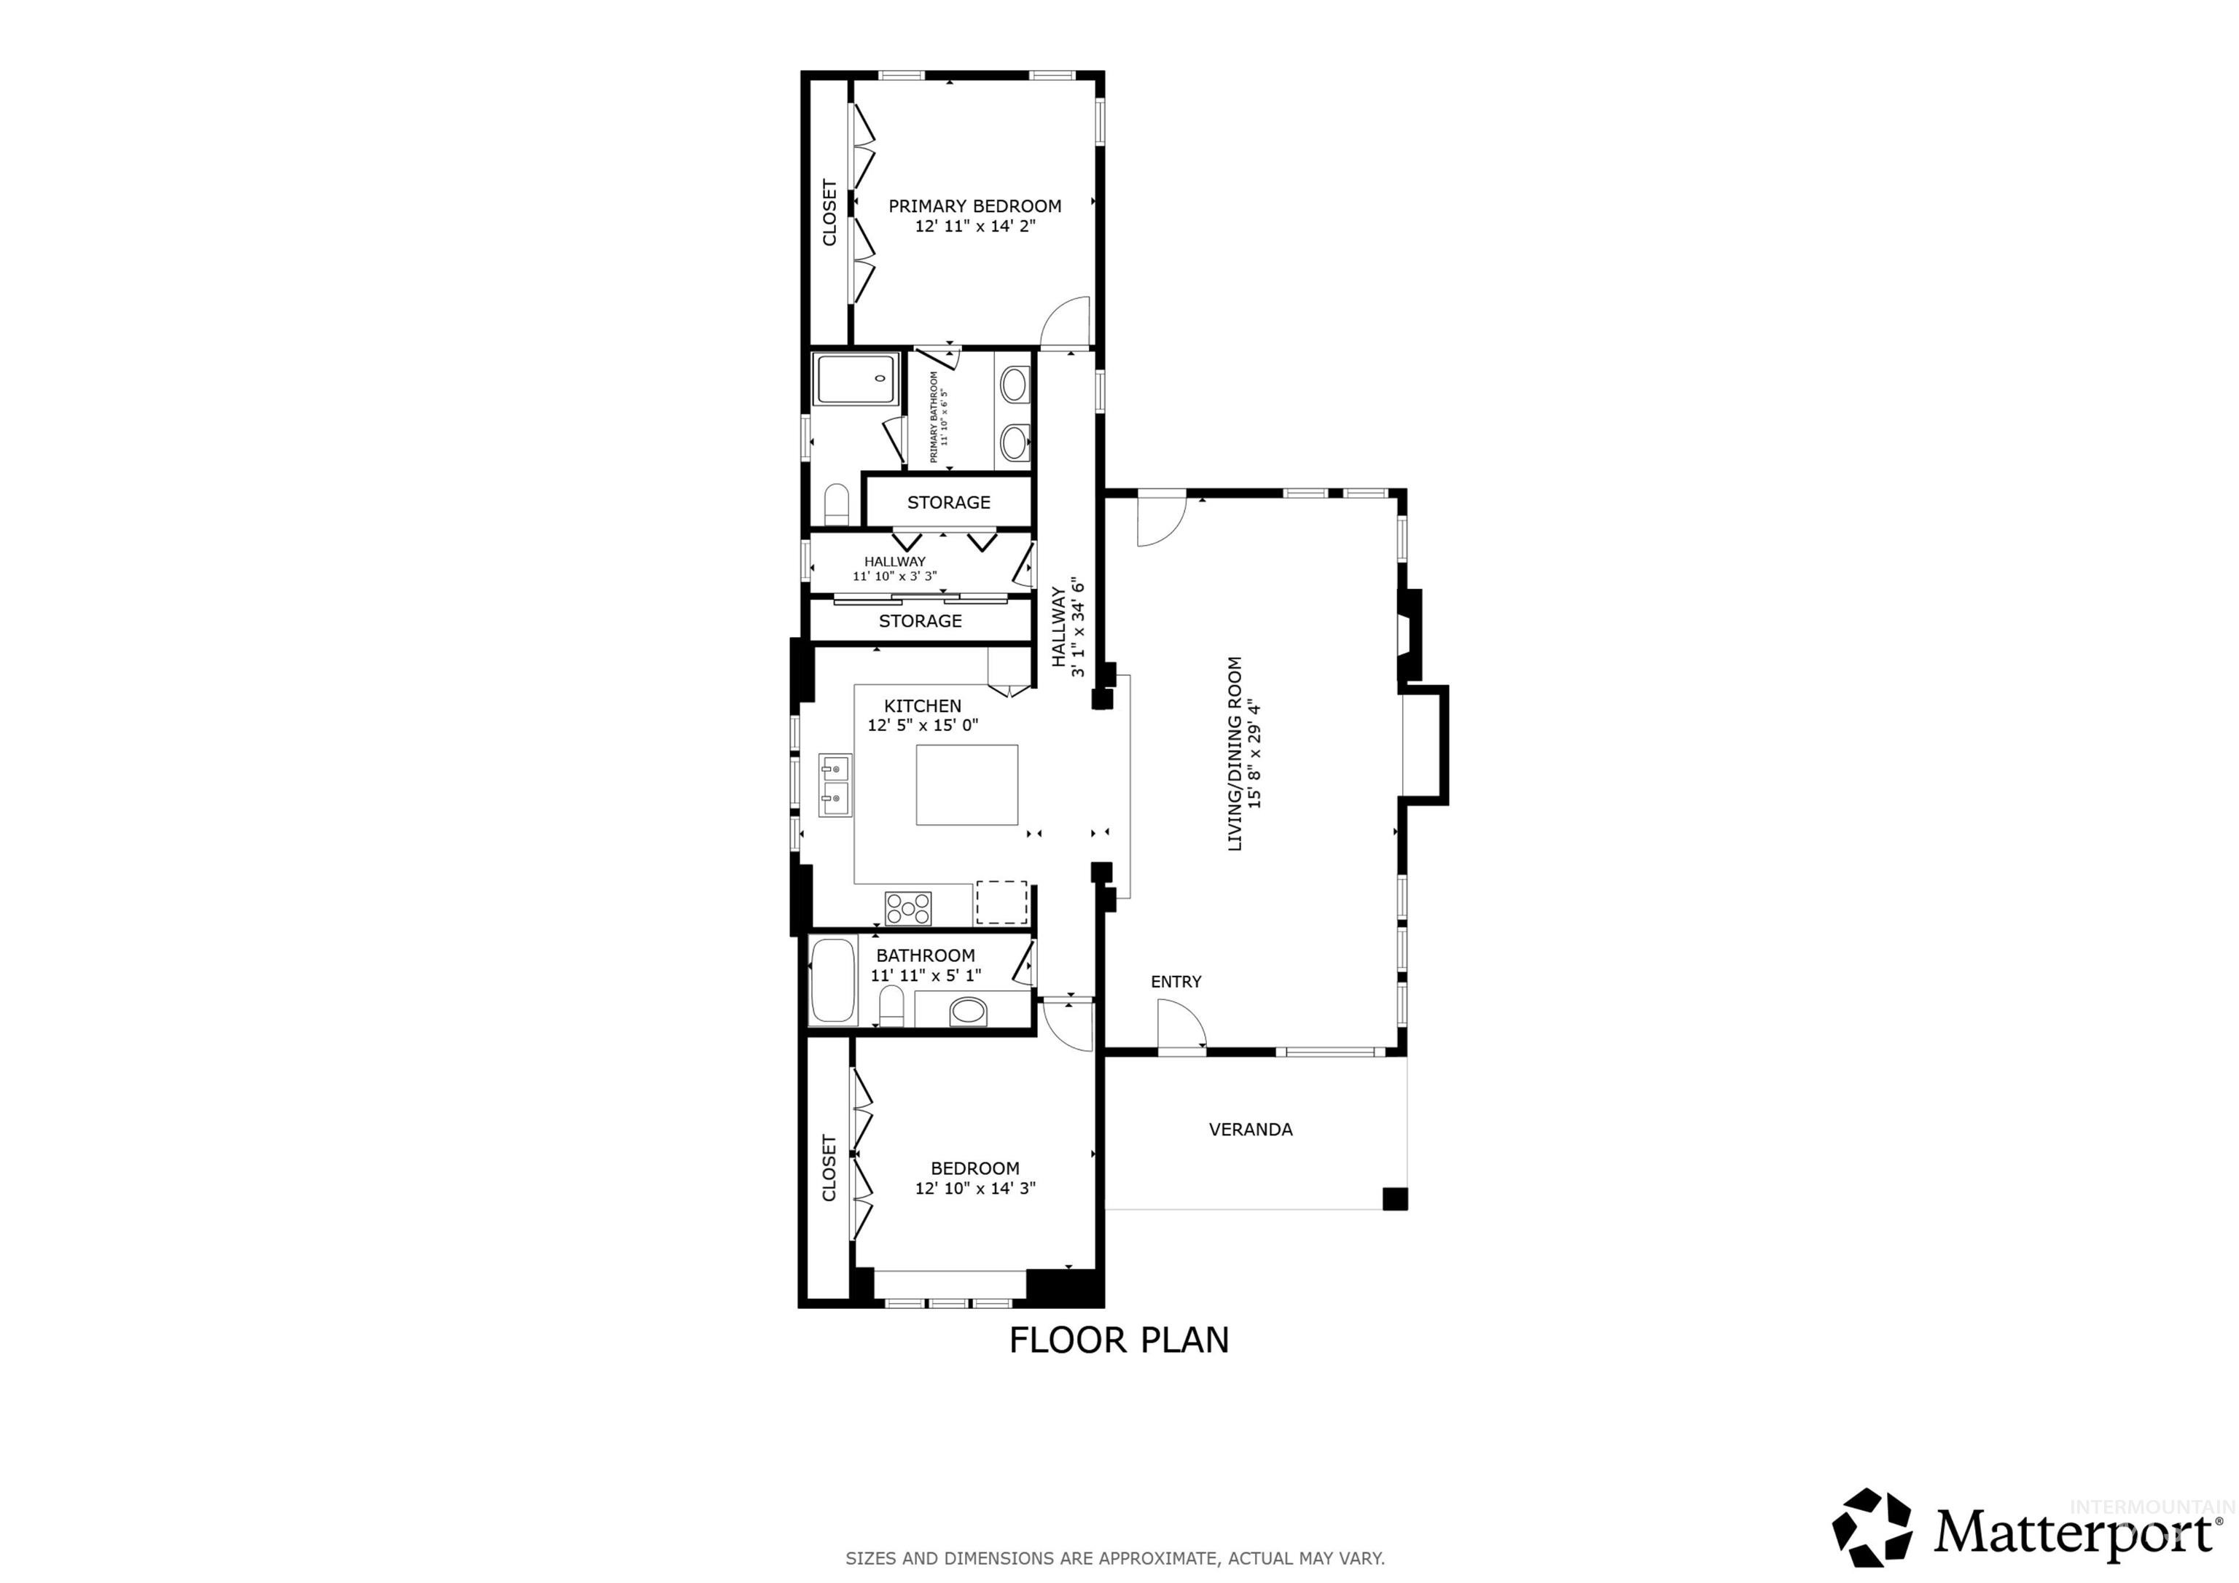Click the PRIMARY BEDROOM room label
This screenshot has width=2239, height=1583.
click(x=974, y=206)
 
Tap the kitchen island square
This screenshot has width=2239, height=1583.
click(x=966, y=785)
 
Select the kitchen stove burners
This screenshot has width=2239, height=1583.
click(x=908, y=908)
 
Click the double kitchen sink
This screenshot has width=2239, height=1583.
click(x=835, y=785)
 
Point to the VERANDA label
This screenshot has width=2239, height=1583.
click(x=1250, y=1130)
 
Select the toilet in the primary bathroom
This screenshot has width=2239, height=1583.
click(x=837, y=505)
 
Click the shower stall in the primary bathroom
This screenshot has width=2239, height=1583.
click(x=855, y=380)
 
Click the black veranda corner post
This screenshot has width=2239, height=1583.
click(x=1394, y=1199)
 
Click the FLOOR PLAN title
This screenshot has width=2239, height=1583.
click(x=1119, y=1340)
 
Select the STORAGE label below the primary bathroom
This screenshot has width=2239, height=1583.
click(x=948, y=502)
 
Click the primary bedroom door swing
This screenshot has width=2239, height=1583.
click(x=1066, y=323)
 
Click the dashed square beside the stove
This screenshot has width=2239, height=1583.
click(x=1001, y=902)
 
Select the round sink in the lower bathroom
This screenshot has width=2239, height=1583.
click(x=969, y=1012)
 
